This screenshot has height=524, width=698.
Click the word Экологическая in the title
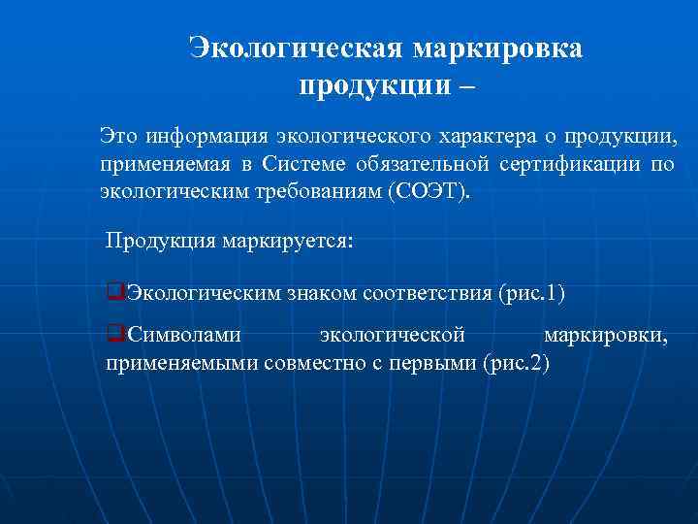(x=296, y=49)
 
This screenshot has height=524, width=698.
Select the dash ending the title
(x=467, y=86)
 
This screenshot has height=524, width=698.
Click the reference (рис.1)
(x=530, y=292)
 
